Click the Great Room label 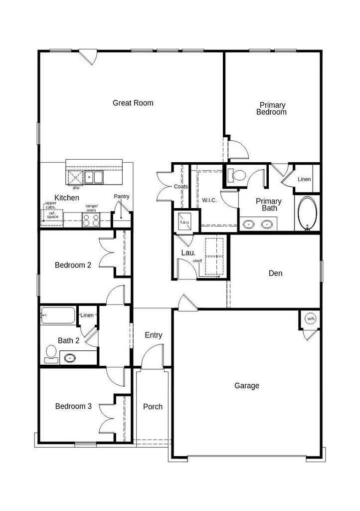[133, 103]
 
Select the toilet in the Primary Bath [237, 175]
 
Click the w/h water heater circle [311, 319]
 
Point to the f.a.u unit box [184, 222]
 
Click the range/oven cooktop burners [91, 220]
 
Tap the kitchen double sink [94, 177]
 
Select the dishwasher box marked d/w [75, 178]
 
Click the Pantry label [121, 197]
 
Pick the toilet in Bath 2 [51, 354]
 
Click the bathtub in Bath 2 [58, 315]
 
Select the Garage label [247, 386]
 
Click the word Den [275, 273]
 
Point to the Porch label [153, 407]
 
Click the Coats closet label [180, 187]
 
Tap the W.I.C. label [209, 200]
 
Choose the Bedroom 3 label [73, 406]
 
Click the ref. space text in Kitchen [52, 215]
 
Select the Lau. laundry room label [188, 253]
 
